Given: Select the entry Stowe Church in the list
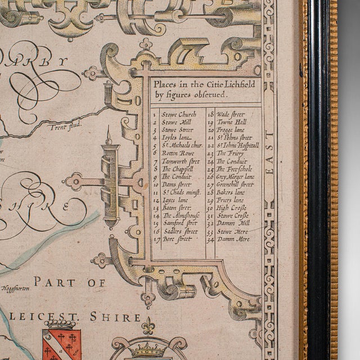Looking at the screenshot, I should (178, 114).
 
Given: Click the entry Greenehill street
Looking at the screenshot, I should (235, 183).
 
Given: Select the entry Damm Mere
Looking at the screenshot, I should (233, 238).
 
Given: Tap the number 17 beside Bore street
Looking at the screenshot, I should (155, 238).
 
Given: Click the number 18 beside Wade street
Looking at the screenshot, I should (210, 114).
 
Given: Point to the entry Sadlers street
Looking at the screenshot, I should (179, 231).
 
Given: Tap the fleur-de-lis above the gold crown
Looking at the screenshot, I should (148, 326).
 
